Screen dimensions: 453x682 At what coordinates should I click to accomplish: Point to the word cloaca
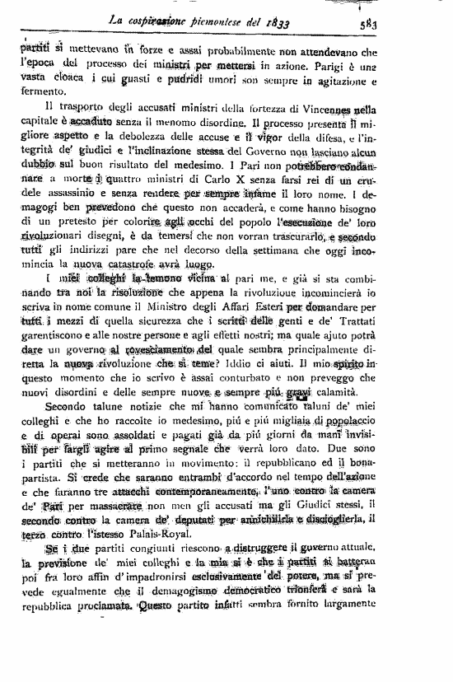coord(92,81)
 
